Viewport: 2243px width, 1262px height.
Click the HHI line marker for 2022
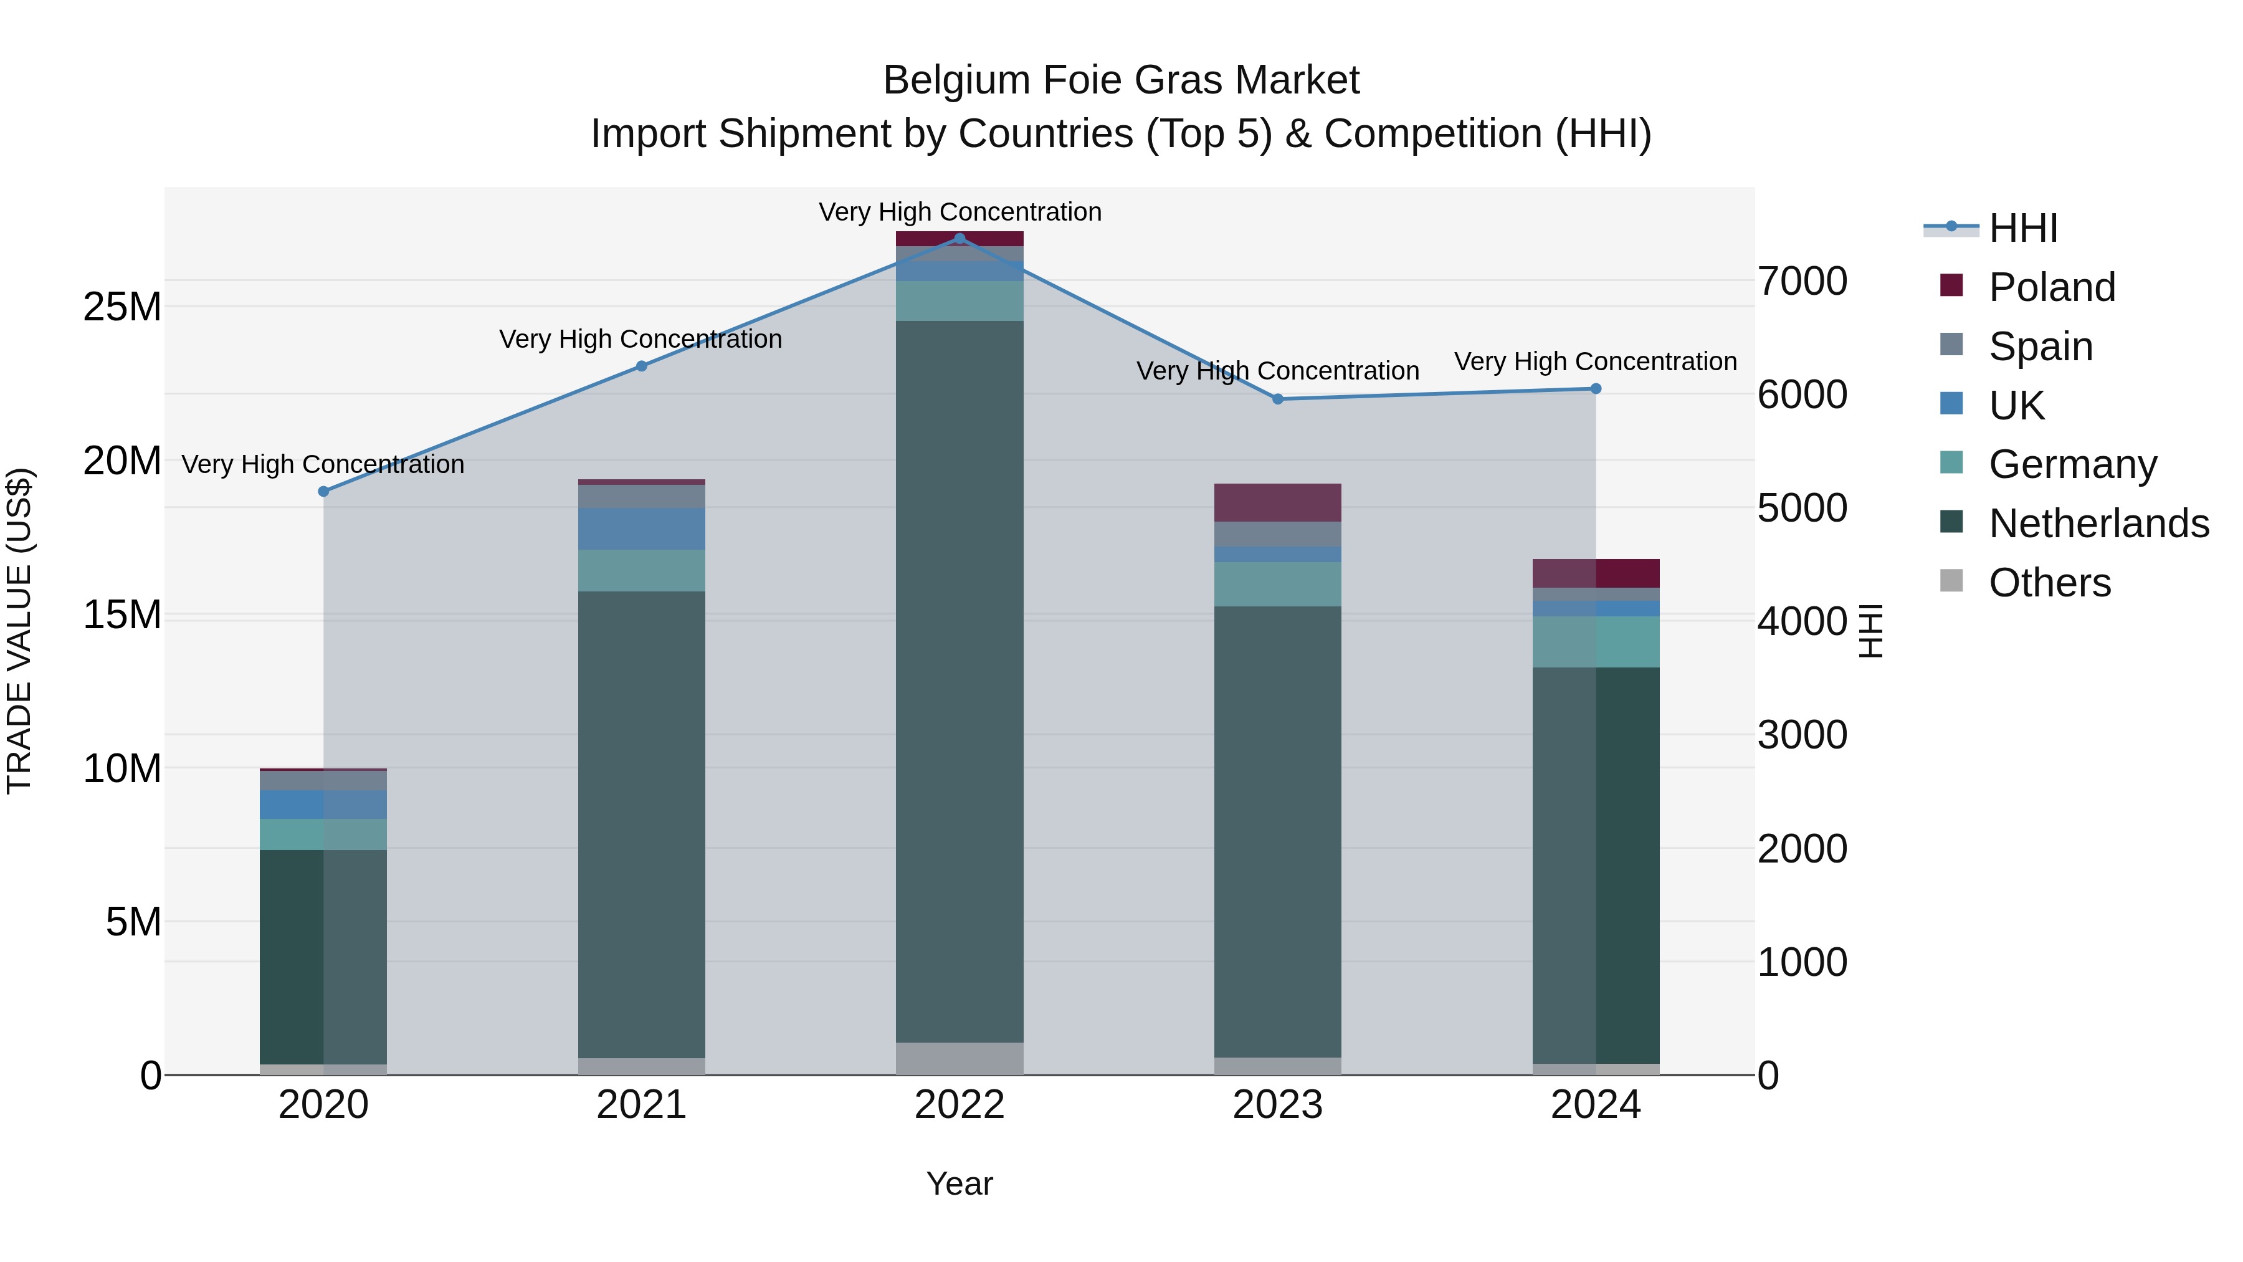960,238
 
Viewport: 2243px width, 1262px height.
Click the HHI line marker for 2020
324,491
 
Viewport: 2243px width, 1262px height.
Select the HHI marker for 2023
1277,399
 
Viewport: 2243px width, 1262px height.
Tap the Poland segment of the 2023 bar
1277,502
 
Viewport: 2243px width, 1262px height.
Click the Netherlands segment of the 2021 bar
642,824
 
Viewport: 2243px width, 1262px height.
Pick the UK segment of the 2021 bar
642,528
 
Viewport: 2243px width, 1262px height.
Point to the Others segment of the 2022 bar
960,1058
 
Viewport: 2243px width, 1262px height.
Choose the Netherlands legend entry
2098,523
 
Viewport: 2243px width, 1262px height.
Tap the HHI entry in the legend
2022,228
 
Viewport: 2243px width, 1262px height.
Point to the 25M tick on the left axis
122,307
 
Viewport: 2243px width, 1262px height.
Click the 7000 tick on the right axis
1801,281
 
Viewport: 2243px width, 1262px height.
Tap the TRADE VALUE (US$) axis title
19,631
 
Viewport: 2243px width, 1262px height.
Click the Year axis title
960,1183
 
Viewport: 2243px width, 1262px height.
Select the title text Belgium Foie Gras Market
1121,80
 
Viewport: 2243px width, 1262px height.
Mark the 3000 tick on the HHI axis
1801,735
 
